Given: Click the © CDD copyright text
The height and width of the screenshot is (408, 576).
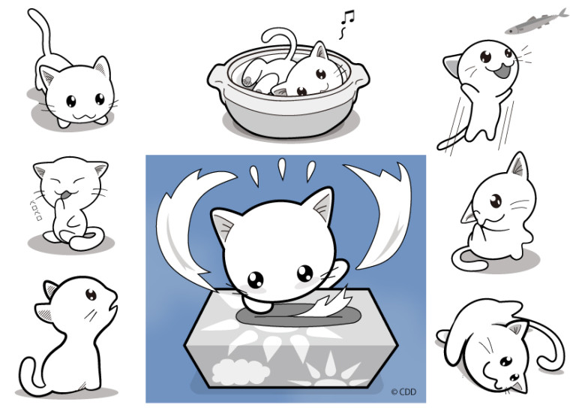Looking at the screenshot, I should coord(404,391).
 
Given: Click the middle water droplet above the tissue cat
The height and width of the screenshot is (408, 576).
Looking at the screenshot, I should coord(282,169).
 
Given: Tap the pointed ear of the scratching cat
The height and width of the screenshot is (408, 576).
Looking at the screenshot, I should coord(518,165).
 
